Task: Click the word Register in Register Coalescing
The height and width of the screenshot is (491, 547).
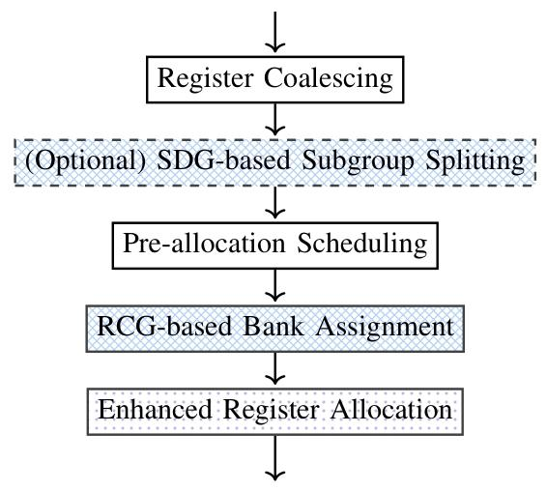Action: [207, 79]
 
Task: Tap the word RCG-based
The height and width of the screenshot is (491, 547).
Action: [161, 326]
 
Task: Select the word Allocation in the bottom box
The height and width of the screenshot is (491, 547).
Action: [391, 409]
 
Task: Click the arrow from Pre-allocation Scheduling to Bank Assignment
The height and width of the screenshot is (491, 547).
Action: [275, 285]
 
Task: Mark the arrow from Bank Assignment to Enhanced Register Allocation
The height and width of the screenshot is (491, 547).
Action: [275, 367]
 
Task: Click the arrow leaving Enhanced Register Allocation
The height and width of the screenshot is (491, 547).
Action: [275, 458]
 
